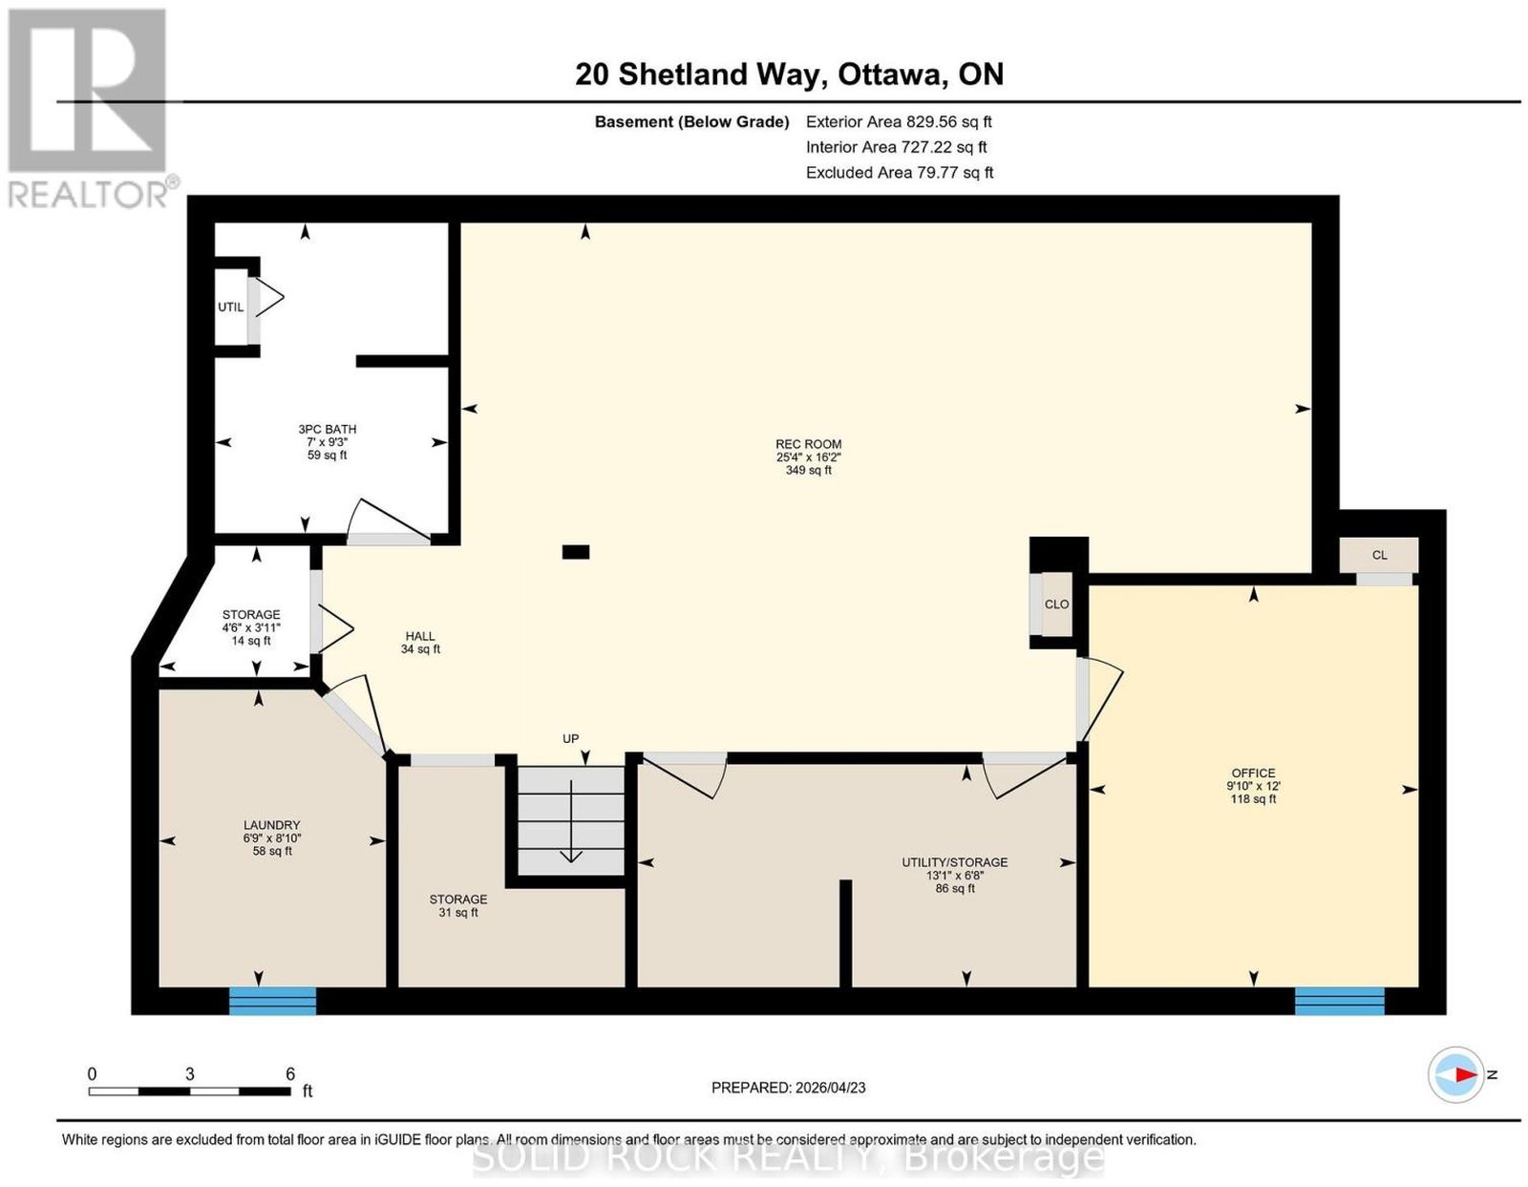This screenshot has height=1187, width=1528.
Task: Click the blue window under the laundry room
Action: pyautogui.click(x=273, y=1001)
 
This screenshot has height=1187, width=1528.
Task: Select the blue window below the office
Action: pyautogui.click(x=1340, y=1001)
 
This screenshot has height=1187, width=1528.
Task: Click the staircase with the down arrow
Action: pyautogui.click(x=571, y=820)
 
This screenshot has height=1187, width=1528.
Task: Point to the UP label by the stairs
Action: pyautogui.click(x=570, y=738)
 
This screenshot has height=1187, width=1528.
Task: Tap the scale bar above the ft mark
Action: pyautogui.click(x=190, y=1092)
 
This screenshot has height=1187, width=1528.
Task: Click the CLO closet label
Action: pyautogui.click(x=1056, y=604)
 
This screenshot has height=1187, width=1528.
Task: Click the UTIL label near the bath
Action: pyautogui.click(x=231, y=307)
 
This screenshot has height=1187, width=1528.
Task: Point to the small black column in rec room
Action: pyautogui.click(x=576, y=552)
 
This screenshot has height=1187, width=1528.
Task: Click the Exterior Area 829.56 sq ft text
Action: pyautogui.click(x=899, y=121)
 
